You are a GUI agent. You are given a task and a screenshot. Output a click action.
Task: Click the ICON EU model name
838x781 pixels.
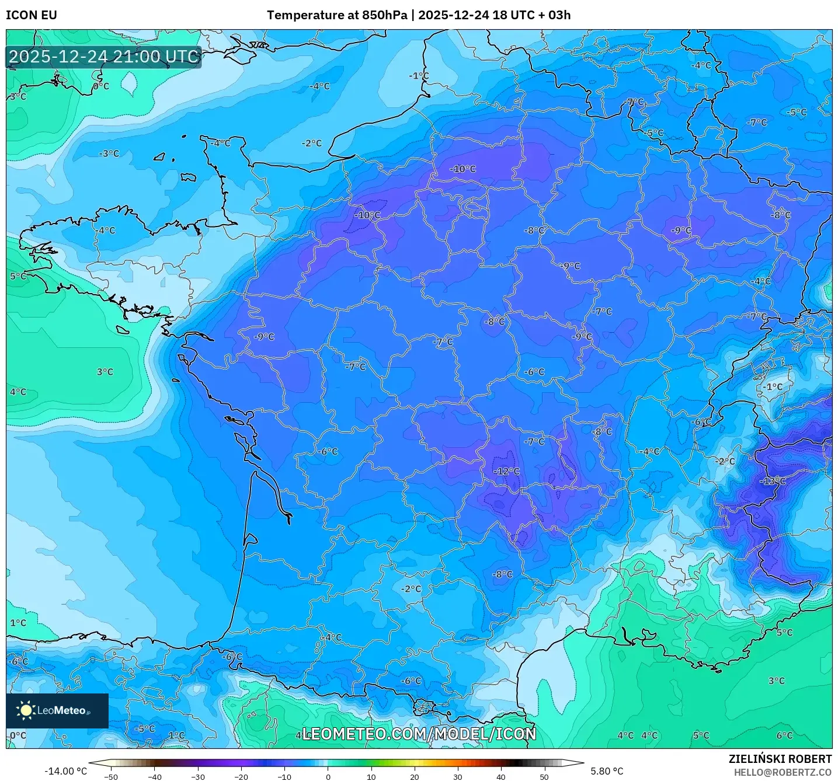pyautogui.click(x=32, y=15)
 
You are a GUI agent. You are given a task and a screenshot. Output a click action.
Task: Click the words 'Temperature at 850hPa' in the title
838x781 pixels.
pyautogui.click(x=336, y=15)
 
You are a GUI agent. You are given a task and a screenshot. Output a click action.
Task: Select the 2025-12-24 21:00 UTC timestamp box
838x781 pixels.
pyautogui.click(x=104, y=57)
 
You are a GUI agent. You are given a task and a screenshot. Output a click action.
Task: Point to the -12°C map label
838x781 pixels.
pyautogui.click(x=506, y=471)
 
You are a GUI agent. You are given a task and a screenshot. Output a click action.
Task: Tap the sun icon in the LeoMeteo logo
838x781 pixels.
pyautogui.click(x=26, y=710)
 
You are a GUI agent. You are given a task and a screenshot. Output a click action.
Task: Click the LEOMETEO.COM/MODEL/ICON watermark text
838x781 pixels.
pyautogui.click(x=419, y=734)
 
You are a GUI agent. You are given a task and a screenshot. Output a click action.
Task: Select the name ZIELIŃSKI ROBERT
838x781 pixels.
pyautogui.click(x=780, y=759)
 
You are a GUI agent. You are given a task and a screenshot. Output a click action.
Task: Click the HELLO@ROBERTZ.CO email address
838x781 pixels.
pyautogui.click(x=783, y=772)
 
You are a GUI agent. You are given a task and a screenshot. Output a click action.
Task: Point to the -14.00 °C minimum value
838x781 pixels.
pyautogui.click(x=65, y=771)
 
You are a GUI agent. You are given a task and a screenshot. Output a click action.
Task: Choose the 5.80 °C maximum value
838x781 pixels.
pyautogui.click(x=607, y=771)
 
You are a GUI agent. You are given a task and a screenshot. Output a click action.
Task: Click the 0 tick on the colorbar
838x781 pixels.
pyautogui.click(x=328, y=776)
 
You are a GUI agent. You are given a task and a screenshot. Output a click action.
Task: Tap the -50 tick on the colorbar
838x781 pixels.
pyautogui.click(x=111, y=776)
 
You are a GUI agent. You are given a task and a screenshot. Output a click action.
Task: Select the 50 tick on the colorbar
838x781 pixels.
pyautogui.click(x=544, y=776)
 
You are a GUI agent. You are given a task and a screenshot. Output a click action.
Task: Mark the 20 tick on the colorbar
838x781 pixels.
pyautogui.click(x=414, y=776)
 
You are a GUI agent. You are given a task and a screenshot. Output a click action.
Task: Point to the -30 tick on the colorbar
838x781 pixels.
pyautogui.click(x=197, y=776)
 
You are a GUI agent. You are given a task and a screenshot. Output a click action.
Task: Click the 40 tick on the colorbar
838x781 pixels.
pyautogui.click(x=501, y=776)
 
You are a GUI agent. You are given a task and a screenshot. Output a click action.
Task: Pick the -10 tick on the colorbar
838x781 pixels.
pyautogui.click(x=284, y=776)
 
